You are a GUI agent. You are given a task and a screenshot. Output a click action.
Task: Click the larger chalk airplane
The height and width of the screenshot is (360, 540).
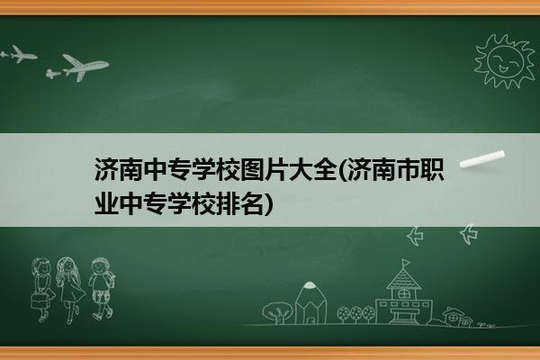pos(85,67)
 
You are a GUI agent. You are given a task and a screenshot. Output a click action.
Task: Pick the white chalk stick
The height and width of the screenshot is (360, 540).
pos(482,159)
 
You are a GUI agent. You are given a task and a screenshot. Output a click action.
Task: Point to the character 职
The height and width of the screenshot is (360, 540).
pos(432,169)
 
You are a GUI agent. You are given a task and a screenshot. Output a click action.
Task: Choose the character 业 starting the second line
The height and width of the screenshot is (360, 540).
pos(106,203)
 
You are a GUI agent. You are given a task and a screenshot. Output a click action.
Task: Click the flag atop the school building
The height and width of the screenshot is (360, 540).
pos(407,263)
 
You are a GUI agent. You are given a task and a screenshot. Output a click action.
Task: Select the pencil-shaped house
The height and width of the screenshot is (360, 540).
pos(310,303)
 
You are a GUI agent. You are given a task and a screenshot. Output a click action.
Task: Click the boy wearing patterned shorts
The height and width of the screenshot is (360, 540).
pos(101,289)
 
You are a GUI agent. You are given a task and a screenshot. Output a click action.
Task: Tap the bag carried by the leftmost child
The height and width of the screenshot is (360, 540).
pos(39,301)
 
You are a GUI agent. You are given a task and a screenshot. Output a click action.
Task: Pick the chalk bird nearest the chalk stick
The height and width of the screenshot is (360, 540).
pos(469,234)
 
